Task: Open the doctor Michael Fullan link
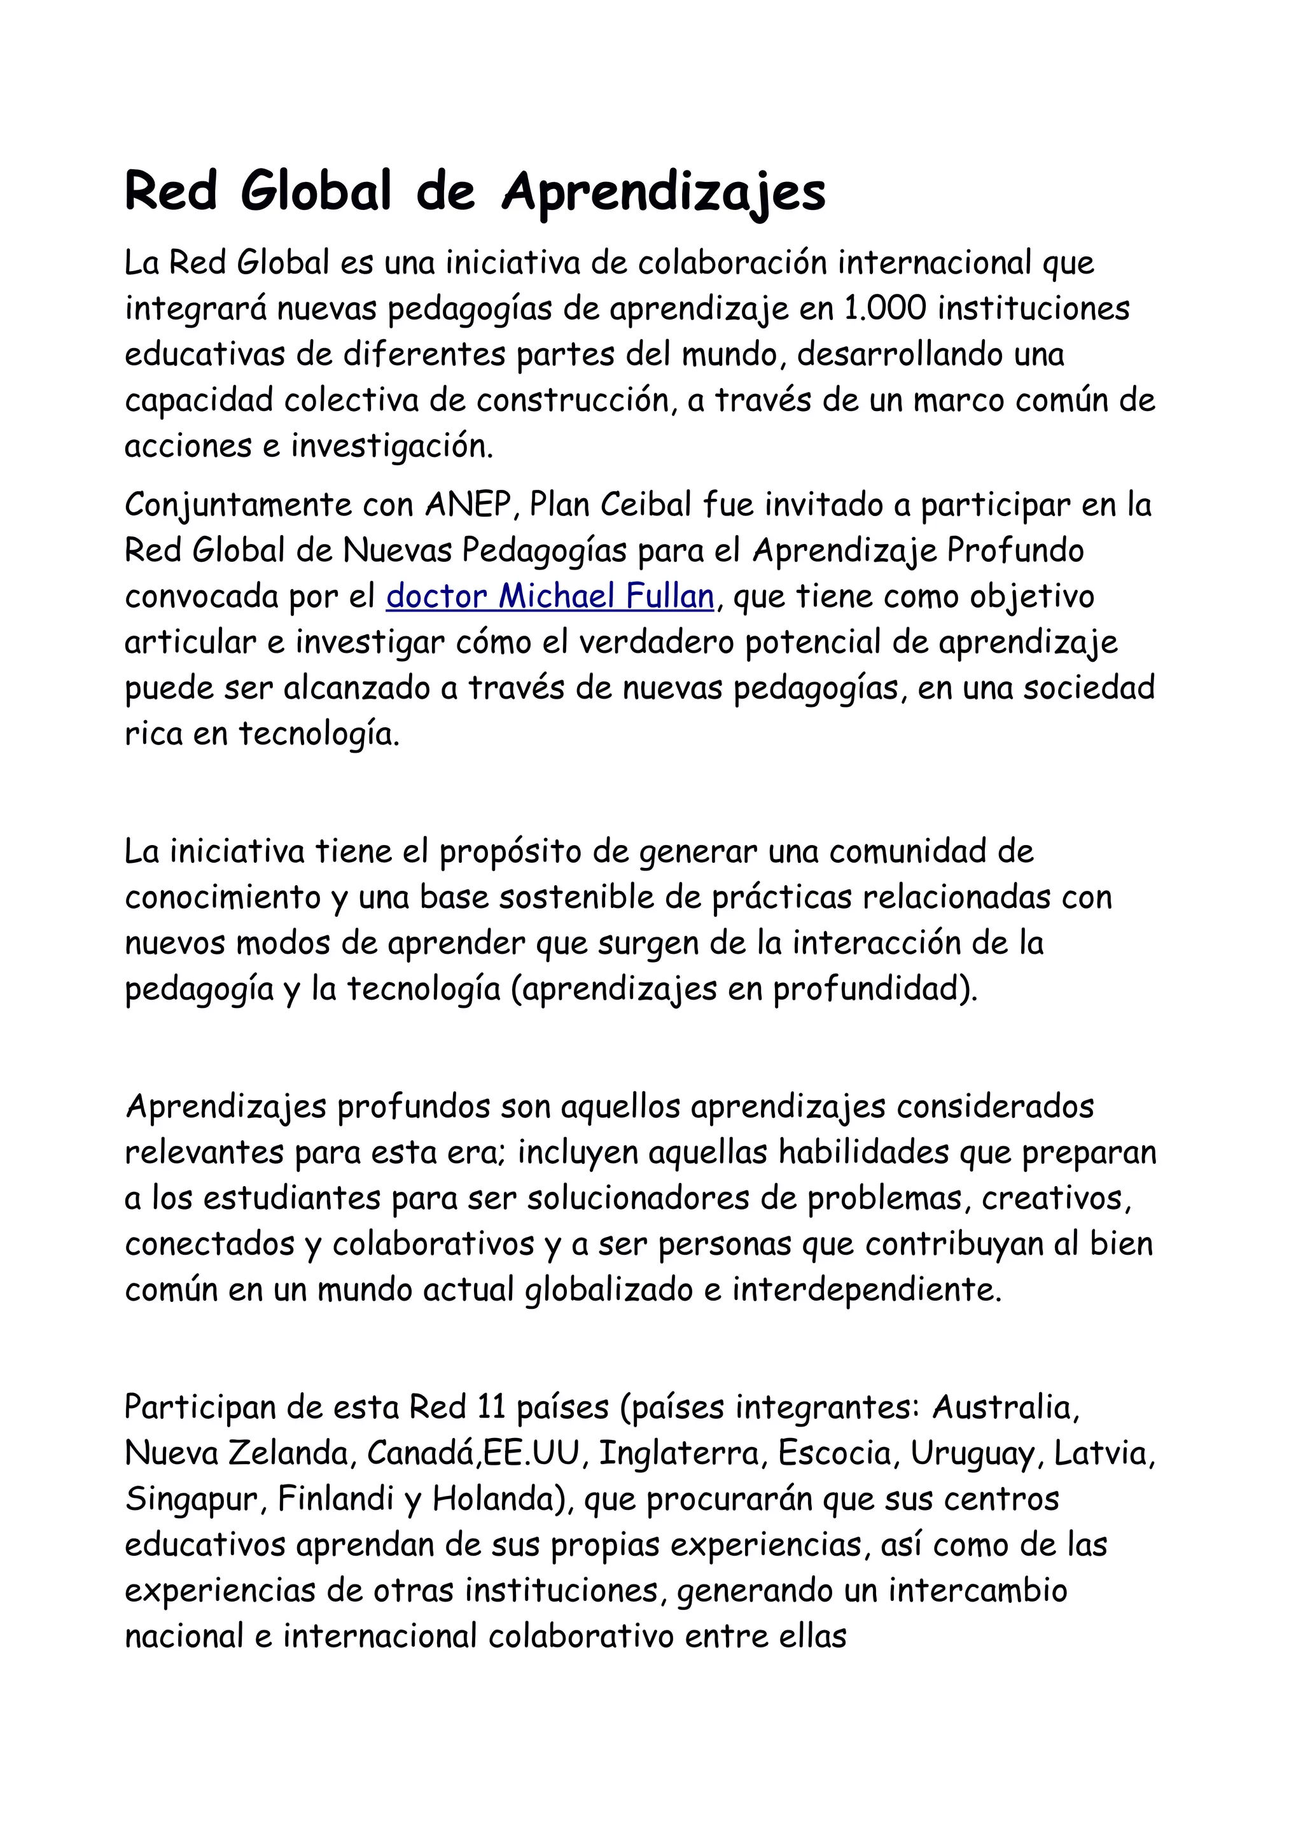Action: [x=550, y=597]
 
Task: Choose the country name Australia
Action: [x=1005, y=1407]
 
